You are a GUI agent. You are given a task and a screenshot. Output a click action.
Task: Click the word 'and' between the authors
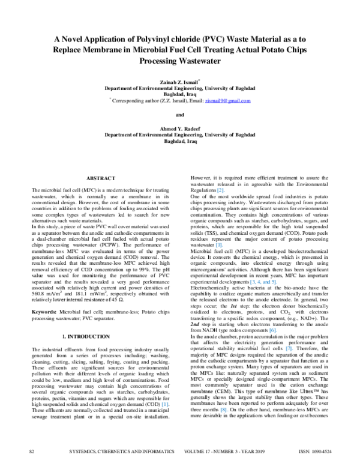click(x=179, y=115)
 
